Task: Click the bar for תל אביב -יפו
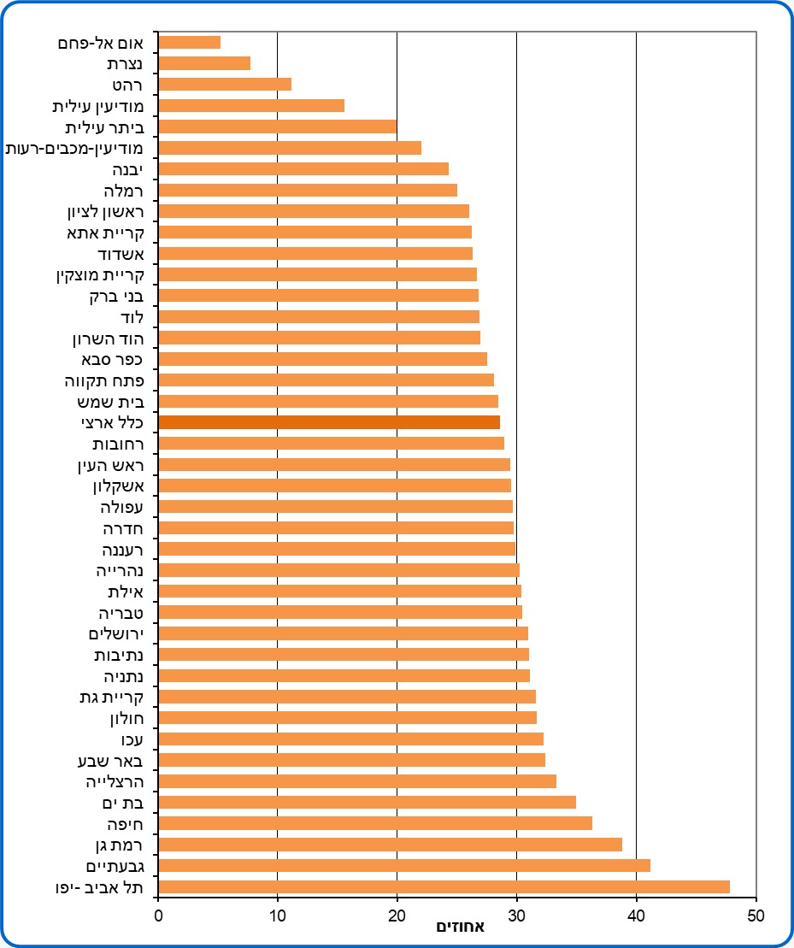click(x=444, y=886)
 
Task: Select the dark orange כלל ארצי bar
click(x=330, y=422)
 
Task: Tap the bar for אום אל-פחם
click(x=190, y=42)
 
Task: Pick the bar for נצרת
click(x=205, y=63)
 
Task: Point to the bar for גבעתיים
click(x=405, y=865)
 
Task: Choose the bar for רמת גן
click(x=391, y=845)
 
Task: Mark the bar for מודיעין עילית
click(x=252, y=105)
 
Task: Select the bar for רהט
click(x=226, y=84)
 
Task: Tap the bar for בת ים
click(x=368, y=802)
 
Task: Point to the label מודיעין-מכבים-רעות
click(x=74, y=148)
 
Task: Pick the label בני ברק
click(x=116, y=296)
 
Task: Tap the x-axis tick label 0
click(x=159, y=916)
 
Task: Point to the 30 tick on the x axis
click(x=516, y=916)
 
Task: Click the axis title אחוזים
click(x=460, y=927)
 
